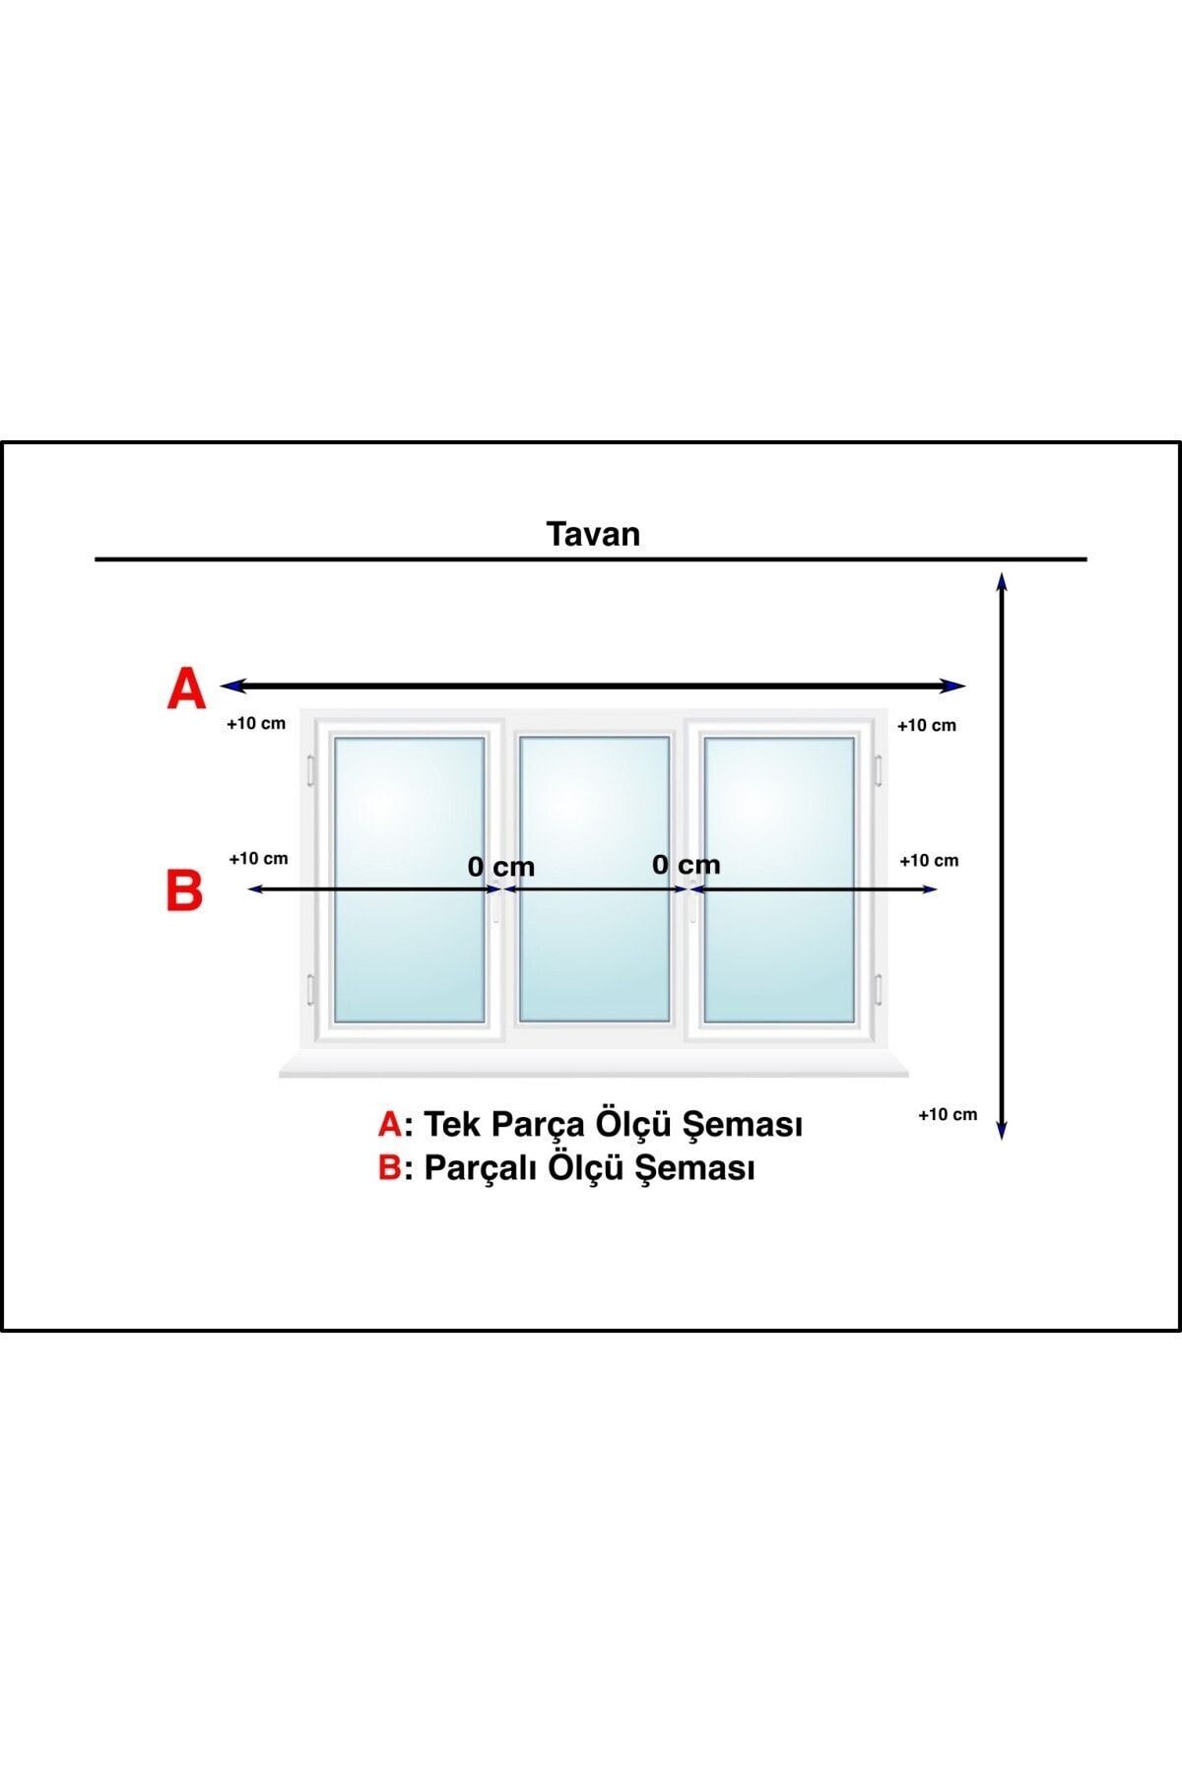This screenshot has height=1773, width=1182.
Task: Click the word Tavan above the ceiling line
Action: (593, 534)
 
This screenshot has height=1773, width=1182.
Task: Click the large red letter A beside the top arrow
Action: (186, 688)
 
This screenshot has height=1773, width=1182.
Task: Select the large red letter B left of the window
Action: (184, 890)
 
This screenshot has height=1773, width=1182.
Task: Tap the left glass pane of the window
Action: (409, 880)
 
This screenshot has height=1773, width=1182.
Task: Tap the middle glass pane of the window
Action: (594, 880)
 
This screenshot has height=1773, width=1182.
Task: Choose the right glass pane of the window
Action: (779, 880)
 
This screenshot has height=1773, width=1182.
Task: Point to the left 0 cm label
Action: (501, 867)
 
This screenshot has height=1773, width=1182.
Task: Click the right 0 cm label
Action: (687, 865)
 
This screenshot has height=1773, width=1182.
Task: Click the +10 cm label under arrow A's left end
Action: (256, 723)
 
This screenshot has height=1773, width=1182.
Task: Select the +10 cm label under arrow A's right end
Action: (927, 725)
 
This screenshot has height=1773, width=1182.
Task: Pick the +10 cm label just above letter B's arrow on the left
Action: (259, 858)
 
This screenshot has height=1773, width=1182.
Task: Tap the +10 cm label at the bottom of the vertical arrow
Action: (948, 1114)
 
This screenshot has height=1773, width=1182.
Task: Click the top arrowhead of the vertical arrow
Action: (1002, 580)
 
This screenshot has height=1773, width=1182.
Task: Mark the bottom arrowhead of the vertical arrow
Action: (1002, 1131)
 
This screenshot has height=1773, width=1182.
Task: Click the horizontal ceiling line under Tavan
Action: (591, 559)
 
